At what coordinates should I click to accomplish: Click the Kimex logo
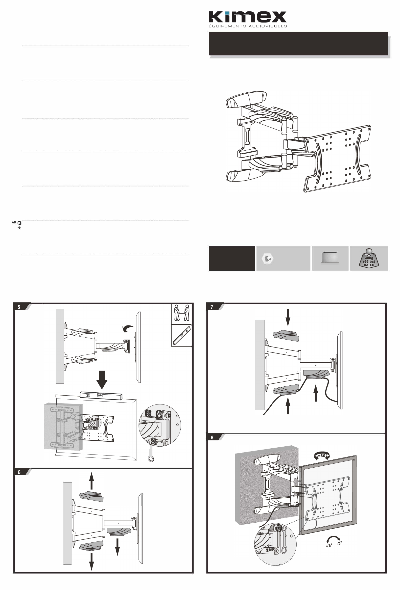[x=248, y=19]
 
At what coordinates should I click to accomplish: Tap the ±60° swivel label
[x=322, y=456]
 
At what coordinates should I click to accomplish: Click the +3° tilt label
[x=329, y=546]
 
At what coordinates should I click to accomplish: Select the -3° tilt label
[x=339, y=543]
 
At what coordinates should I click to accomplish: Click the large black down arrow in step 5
[x=102, y=380]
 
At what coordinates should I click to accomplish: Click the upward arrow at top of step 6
[x=92, y=481]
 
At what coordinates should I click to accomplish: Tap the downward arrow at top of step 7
[x=288, y=318]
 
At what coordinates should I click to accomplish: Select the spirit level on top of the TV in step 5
[x=101, y=396]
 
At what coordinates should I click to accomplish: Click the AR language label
[x=14, y=222]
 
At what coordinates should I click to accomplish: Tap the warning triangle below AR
[x=20, y=228]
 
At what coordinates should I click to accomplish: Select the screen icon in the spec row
[x=330, y=258]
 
